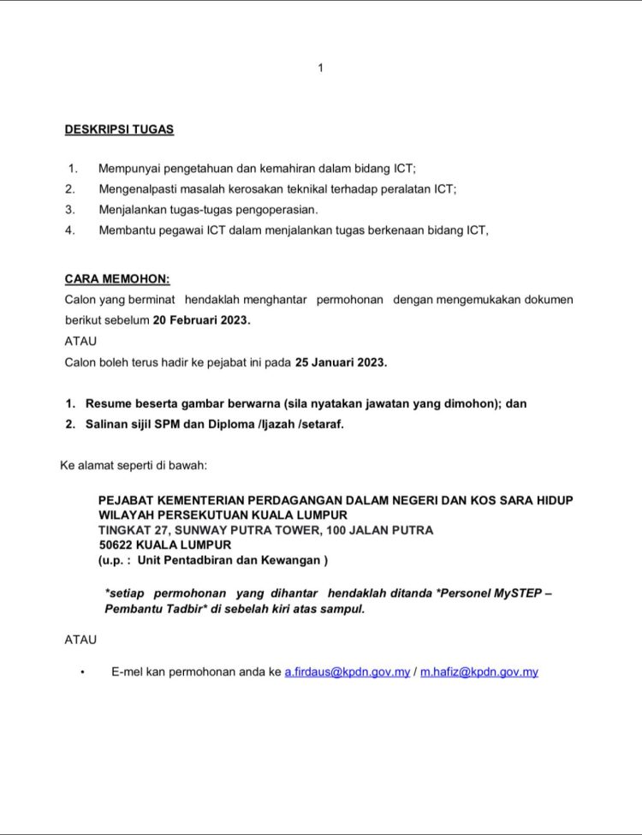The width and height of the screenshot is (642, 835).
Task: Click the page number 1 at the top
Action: point(320,68)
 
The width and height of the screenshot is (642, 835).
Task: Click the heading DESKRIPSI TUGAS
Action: point(119,130)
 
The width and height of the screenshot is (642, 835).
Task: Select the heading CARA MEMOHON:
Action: point(117,279)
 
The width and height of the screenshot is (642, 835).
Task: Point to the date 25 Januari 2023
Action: point(341,362)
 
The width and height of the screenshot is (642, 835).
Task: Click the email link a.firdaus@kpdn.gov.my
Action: point(348,672)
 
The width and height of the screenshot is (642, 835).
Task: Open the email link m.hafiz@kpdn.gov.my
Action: point(479,672)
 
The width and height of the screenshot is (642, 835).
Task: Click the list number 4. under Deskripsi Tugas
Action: point(70,230)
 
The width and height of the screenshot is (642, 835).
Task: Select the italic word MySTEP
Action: point(515,593)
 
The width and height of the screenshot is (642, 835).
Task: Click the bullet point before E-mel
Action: point(82,673)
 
